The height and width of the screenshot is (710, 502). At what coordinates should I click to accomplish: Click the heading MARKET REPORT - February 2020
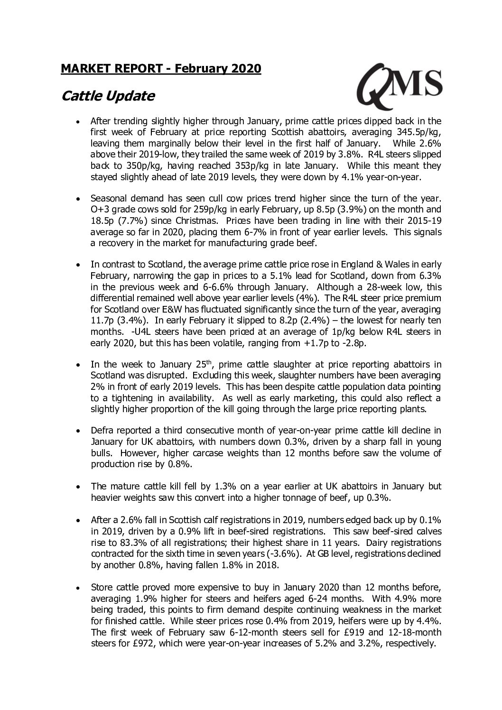coord(161,69)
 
